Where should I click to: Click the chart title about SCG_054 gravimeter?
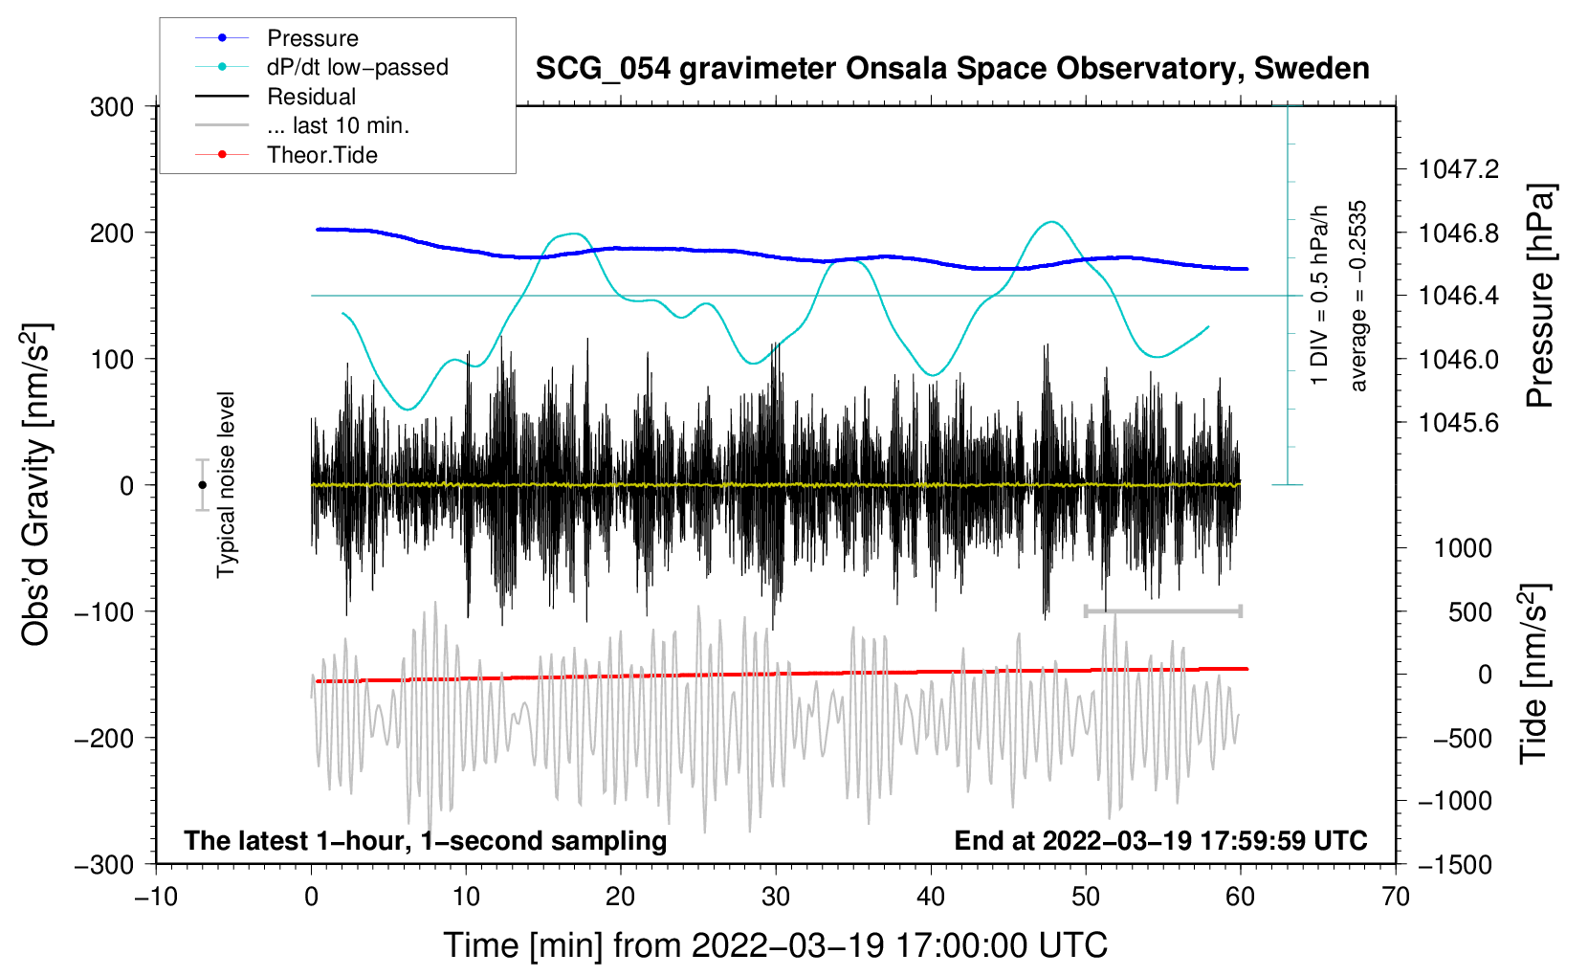click(x=952, y=69)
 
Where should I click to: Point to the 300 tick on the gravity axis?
click(x=112, y=106)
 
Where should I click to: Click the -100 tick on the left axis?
click(x=104, y=611)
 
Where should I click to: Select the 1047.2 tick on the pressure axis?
click(x=1459, y=169)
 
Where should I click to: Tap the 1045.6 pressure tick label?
click(x=1459, y=422)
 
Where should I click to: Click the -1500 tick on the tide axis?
click(x=1454, y=864)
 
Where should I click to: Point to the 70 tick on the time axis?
click(x=1396, y=897)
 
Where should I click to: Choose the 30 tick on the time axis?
click(x=776, y=897)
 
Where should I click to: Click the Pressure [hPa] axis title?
click(x=1540, y=296)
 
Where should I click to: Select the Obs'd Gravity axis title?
click(x=36, y=485)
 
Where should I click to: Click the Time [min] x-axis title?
click(x=776, y=945)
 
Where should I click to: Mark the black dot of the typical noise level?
click(x=202, y=485)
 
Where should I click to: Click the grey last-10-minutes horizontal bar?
click(x=1162, y=610)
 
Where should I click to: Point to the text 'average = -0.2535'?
click(x=1358, y=296)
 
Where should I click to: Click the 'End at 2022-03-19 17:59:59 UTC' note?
click(x=1160, y=840)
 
